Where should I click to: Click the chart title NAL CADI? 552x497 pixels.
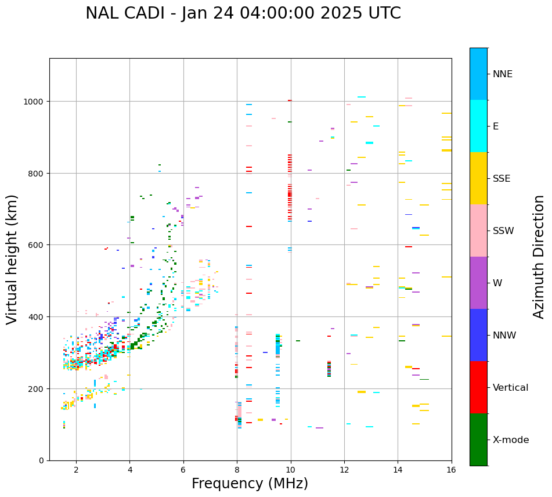(243, 13)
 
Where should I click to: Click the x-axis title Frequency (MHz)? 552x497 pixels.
(250, 484)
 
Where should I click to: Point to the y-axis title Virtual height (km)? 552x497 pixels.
(12, 259)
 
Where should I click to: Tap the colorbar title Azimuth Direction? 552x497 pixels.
(539, 257)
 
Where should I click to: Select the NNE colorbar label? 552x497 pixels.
(503, 74)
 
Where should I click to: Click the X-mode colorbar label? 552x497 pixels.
(511, 440)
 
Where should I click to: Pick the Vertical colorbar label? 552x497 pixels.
(511, 388)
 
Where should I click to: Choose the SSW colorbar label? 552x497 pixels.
(503, 231)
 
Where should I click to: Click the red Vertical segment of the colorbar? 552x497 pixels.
(478, 387)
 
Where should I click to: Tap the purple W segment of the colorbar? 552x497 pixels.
(478, 283)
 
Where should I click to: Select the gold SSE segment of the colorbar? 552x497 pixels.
(478, 178)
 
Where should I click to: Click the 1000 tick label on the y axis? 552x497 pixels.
(33, 102)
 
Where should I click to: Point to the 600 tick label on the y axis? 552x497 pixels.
(35, 245)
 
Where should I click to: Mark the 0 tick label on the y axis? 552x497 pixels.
(41, 460)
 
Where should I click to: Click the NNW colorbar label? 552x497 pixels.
(505, 336)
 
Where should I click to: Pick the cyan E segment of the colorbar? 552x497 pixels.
(478, 126)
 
